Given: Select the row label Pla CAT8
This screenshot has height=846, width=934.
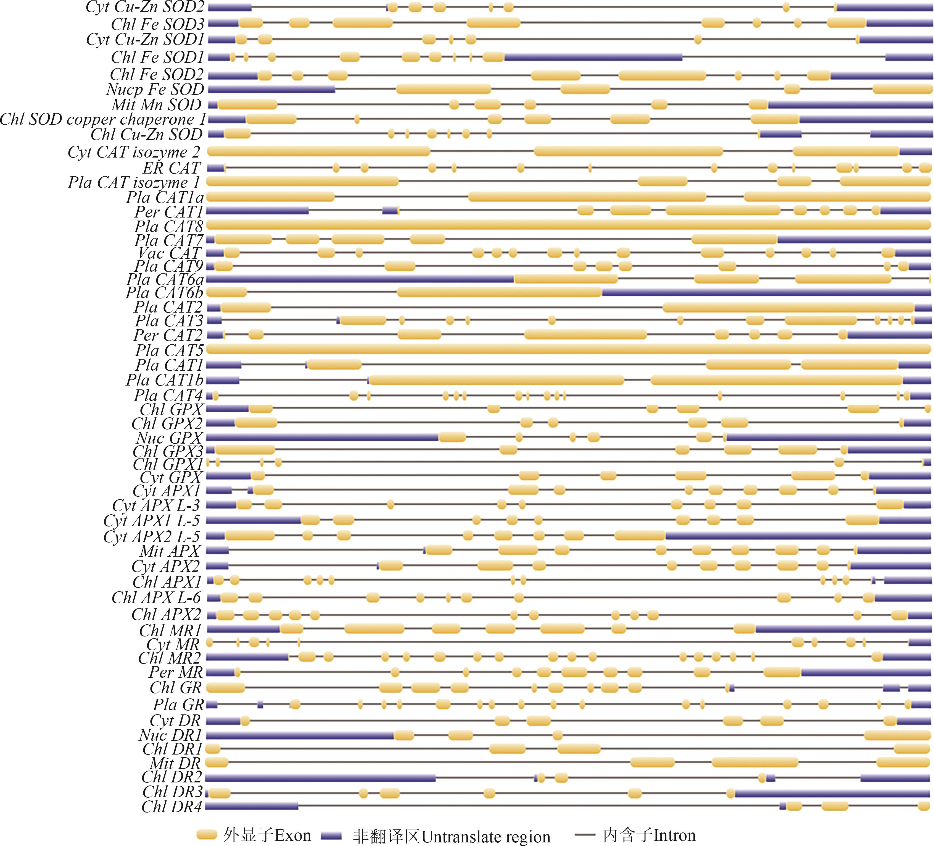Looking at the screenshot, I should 169,226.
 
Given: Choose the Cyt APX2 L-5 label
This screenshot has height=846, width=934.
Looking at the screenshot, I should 152,536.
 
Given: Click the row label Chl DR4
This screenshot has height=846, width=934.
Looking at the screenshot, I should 172,806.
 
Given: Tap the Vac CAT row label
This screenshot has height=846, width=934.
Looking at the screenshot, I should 170,253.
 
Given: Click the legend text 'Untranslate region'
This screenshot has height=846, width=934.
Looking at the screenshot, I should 486,836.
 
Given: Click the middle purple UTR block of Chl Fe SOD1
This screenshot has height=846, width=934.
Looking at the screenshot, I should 593,57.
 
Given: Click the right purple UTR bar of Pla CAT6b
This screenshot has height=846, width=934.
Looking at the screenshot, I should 766,292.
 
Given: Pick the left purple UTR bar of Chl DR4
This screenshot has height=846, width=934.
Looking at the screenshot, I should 252,806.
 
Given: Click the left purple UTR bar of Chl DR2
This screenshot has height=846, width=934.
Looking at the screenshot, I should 320,777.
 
